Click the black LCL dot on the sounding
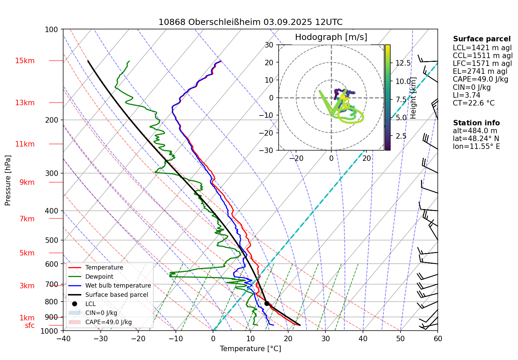(267, 303)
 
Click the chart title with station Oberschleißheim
(250, 22)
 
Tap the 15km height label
(25, 61)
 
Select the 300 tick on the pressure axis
(52, 173)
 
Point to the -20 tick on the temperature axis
(138, 339)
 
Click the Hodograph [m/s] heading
(331, 37)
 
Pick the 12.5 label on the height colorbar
(403, 63)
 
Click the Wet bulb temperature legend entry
(118, 286)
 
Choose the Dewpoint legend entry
(99, 277)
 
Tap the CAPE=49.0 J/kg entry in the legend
(108, 322)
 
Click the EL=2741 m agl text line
(480, 71)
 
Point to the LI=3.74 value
(466, 95)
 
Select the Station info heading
(476, 123)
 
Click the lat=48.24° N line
(476, 139)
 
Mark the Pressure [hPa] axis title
(8, 180)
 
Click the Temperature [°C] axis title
(250, 349)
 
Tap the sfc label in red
(30, 326)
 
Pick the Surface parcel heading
(482, 39)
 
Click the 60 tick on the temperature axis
(438, 339)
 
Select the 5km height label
(27, 253)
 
